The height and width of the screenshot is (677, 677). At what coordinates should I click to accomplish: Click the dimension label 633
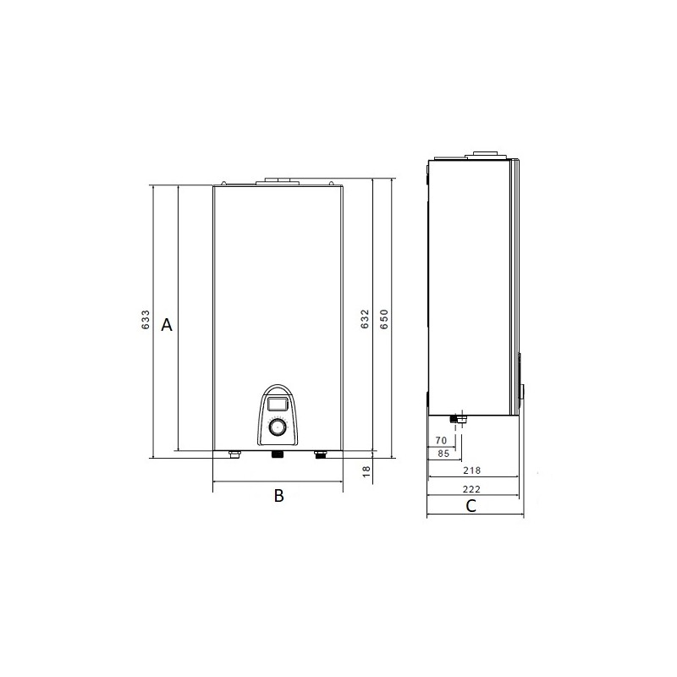(x=146, y=320)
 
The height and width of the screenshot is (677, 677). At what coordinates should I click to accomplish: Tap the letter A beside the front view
(x=167, y=325)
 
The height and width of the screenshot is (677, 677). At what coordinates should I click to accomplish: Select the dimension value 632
(x=365, y=319)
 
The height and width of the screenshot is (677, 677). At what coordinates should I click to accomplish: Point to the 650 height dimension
(x=384, y=319)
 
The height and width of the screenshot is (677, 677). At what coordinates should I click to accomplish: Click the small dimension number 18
(x=366, y=471)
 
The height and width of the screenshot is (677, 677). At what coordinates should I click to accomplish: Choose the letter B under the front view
(x=279, y=496)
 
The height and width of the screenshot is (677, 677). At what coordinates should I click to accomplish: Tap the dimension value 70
(x=441, y=440)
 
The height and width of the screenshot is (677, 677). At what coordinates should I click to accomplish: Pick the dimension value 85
(x=443, y=454)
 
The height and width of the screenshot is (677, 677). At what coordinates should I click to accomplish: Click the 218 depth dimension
(x=471, y=471)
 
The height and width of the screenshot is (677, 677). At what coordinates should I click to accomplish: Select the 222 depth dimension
(x=471, y=489)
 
